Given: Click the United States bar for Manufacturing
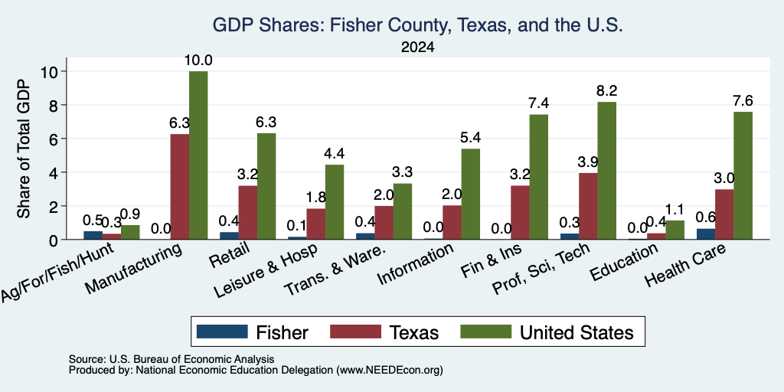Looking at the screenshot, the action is [x=198, y=155].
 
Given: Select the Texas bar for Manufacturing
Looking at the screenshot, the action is [x=180, y=187].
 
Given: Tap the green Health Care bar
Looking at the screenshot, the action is [x=743, y=175].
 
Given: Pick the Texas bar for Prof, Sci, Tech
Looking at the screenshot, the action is [x=588, y=207].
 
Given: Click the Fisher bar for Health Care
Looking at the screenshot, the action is [x=705, y=234].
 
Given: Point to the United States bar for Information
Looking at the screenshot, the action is [x=471, y=194].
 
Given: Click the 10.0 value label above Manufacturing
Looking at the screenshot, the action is [x=198, y=60].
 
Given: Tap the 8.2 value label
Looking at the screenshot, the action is [x=606, y=91].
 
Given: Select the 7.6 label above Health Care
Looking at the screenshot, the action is [x=743, y=100].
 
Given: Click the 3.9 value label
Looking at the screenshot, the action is [x=588, y=162].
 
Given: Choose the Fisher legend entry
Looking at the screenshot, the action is [x=253, y=332].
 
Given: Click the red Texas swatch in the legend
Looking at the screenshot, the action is [x=355, y=332].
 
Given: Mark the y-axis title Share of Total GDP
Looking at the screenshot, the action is [x=24, y=149].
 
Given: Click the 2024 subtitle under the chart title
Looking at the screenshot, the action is [x=417, y=47].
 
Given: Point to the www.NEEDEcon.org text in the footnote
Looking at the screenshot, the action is [x=390, y=371].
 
